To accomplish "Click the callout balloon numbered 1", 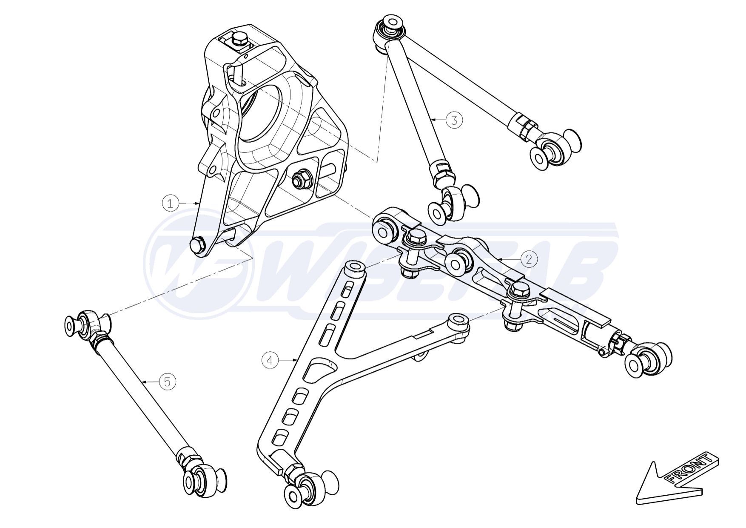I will click(170, 203).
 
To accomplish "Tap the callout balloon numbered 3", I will click(454, 120).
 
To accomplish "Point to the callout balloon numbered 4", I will click(270, 360).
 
